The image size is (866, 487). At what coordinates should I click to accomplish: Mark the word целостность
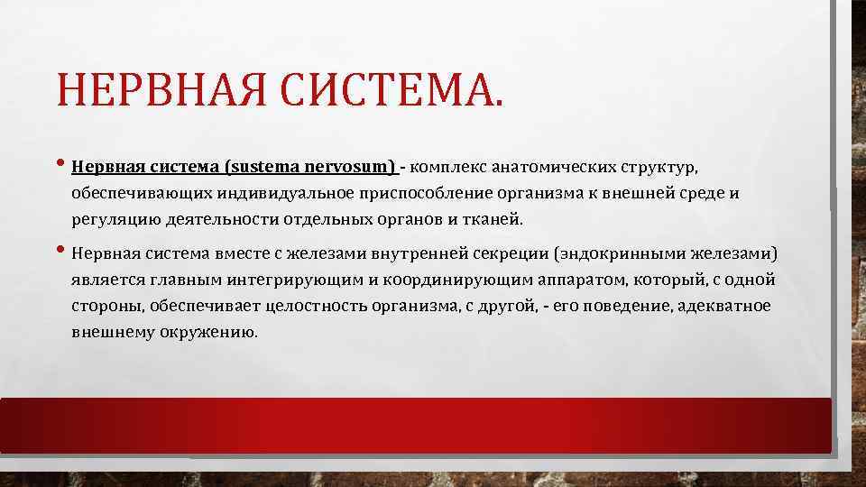pos(326,306)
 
